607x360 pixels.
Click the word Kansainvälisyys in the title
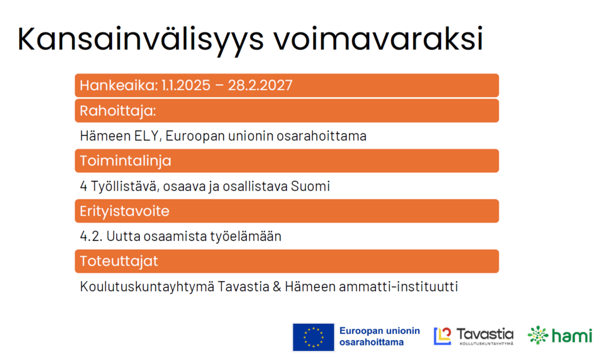point(140,40)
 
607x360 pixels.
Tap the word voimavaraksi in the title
point(379,39)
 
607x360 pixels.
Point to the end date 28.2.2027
point(260,85)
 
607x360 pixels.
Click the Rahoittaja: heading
point(118,111)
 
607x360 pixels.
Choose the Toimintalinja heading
point(126,161)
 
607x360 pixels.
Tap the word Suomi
point(311,186)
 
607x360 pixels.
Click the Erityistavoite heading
point(124,211)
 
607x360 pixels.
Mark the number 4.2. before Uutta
point(91,236)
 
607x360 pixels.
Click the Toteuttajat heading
point(119,261)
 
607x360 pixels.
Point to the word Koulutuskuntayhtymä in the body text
point(147,287)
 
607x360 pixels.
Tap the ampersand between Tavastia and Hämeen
point(277,287)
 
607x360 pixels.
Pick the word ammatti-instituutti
point(398,286)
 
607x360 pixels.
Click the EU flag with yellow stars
point(314,337)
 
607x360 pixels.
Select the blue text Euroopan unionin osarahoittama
point(380,336)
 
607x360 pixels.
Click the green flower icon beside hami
point(538,335)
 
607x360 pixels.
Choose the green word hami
point(572,335)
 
